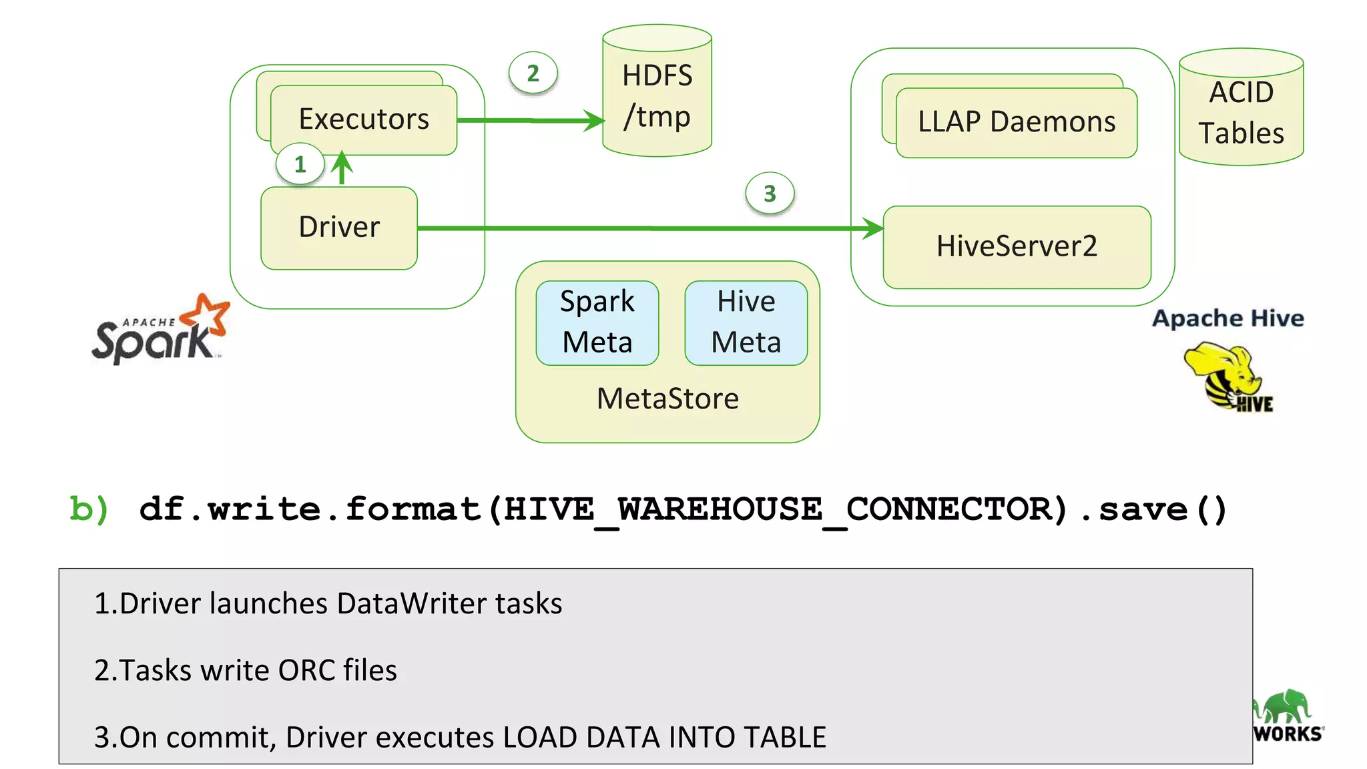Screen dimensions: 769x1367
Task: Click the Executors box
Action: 364,120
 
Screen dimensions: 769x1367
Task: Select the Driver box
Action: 339,228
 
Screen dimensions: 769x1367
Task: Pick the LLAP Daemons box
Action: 1016,122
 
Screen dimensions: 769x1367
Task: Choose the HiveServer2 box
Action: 1016,246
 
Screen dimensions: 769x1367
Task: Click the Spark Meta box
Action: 597,322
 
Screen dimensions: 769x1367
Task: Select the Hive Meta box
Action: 746,322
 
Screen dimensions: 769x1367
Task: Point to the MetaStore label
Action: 667,399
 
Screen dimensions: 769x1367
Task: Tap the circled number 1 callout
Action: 300,164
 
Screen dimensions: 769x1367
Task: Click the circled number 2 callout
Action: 533,73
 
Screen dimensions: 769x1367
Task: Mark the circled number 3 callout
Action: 770,194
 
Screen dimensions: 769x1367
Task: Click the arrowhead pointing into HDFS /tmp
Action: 593,121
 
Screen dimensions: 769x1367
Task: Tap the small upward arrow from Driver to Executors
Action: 342,167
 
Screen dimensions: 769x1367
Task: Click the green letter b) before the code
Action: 89,509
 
